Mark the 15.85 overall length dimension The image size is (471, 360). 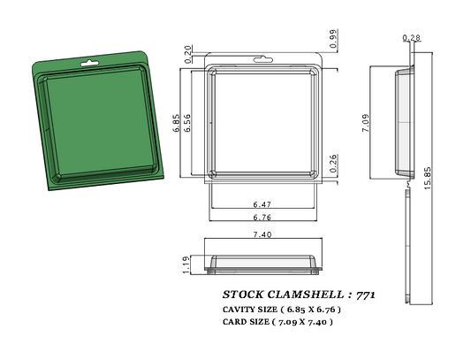[x=427, y=176]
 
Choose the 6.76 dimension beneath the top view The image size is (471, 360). [x=262, y=217]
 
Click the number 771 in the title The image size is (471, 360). [x=364, y=293]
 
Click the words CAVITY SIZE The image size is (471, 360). [x=247, y=310]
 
